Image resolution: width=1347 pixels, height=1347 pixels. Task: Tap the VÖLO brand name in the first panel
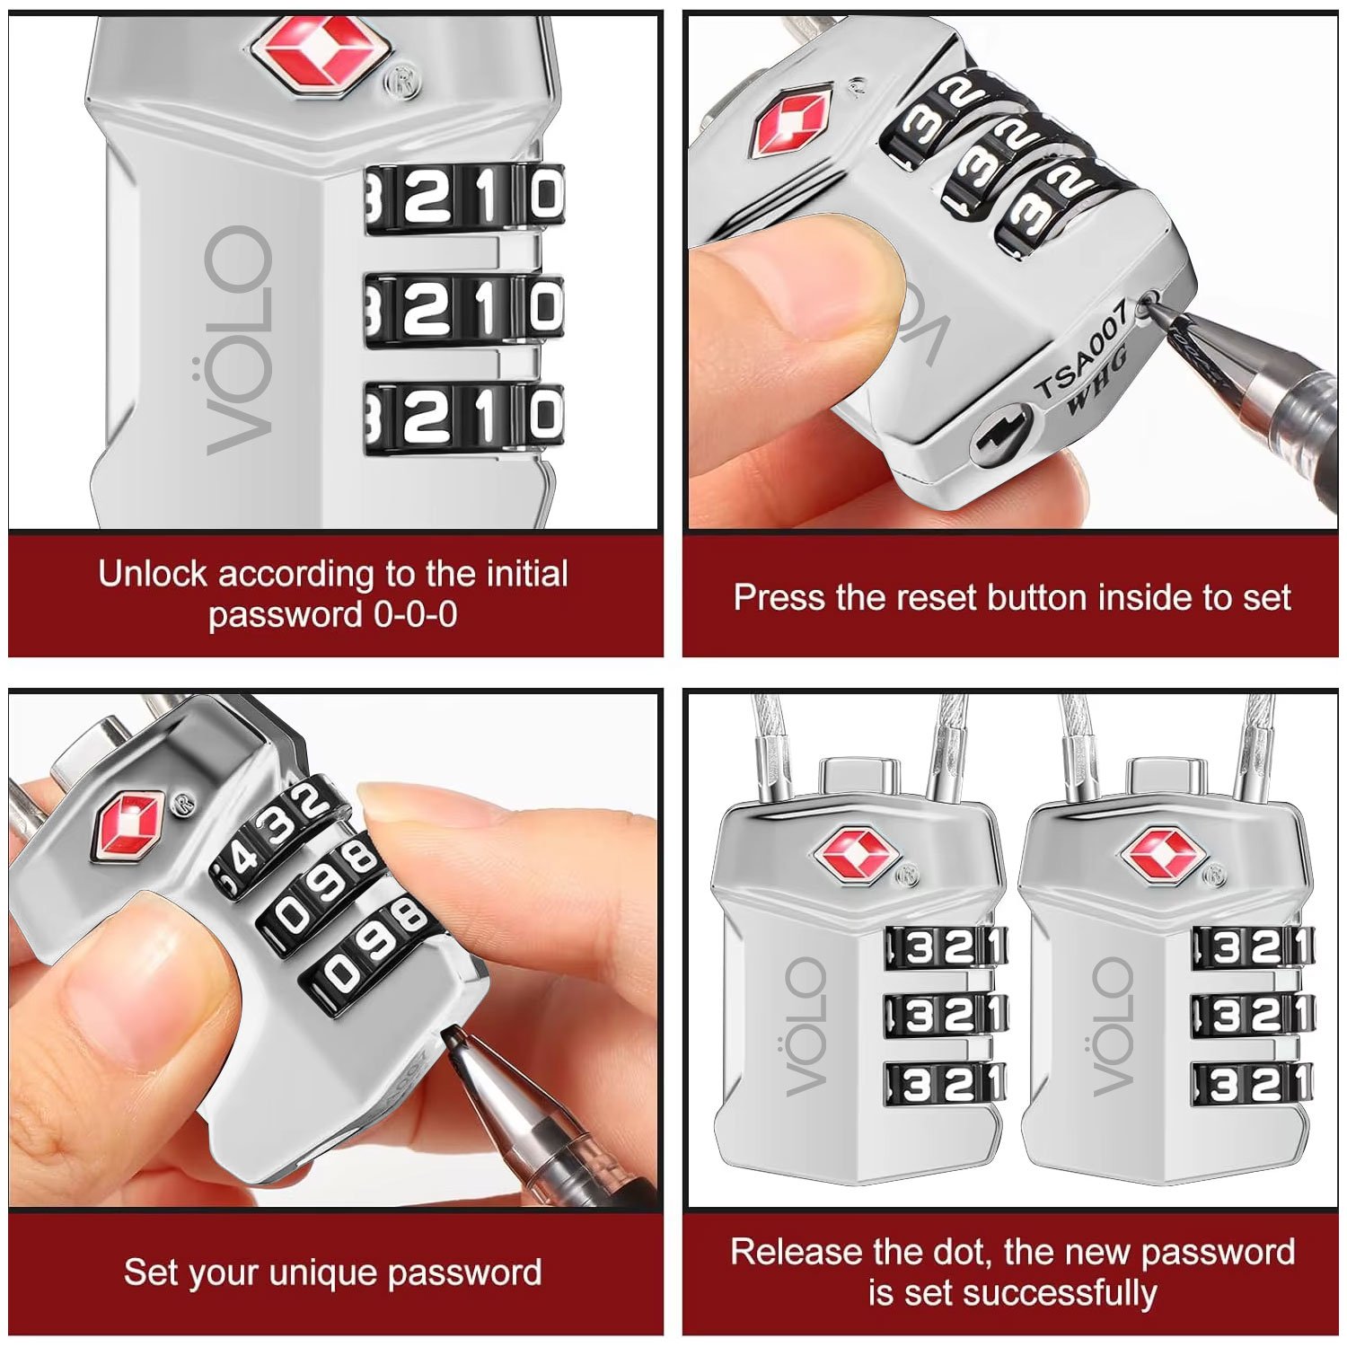[239, 340]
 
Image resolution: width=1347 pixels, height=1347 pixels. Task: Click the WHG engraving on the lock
[1099, 381]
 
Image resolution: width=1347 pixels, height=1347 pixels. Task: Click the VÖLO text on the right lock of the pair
[1114, 1026]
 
